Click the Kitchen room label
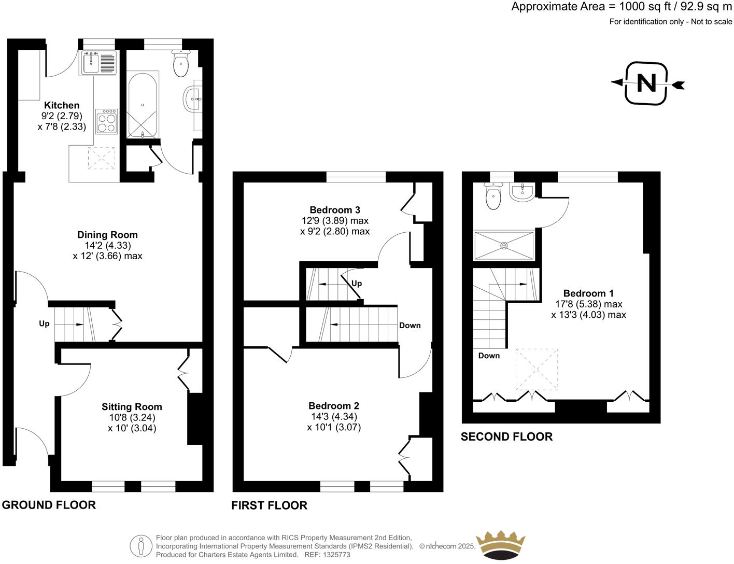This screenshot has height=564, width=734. [x=62, y=105]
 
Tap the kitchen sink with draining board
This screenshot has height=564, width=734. [x=99, y=63]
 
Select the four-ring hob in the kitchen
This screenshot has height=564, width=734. [x=106, y=122]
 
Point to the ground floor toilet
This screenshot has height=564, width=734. [x=180, y=64]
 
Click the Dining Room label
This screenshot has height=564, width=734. [x=107, y=235]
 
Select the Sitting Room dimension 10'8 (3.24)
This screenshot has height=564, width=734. [x=132, y=417]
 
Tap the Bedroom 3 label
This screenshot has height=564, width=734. [x=335, y=210]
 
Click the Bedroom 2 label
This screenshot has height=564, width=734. [x=334, y=406]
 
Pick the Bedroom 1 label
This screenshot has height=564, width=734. [x=588, y=293]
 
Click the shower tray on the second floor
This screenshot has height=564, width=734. [x=503, y=246]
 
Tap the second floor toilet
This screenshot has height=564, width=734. [x=492, y=196]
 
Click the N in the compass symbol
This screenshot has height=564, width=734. [x=646, y=83]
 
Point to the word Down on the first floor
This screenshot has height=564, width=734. [x=410, y=326]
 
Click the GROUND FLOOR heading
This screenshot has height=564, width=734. [x=49, y=505]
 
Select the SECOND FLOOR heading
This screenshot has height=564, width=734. [x=506, y=436]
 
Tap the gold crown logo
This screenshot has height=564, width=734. [x=500, y=545]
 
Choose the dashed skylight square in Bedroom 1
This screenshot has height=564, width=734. [x=537, y=369]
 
